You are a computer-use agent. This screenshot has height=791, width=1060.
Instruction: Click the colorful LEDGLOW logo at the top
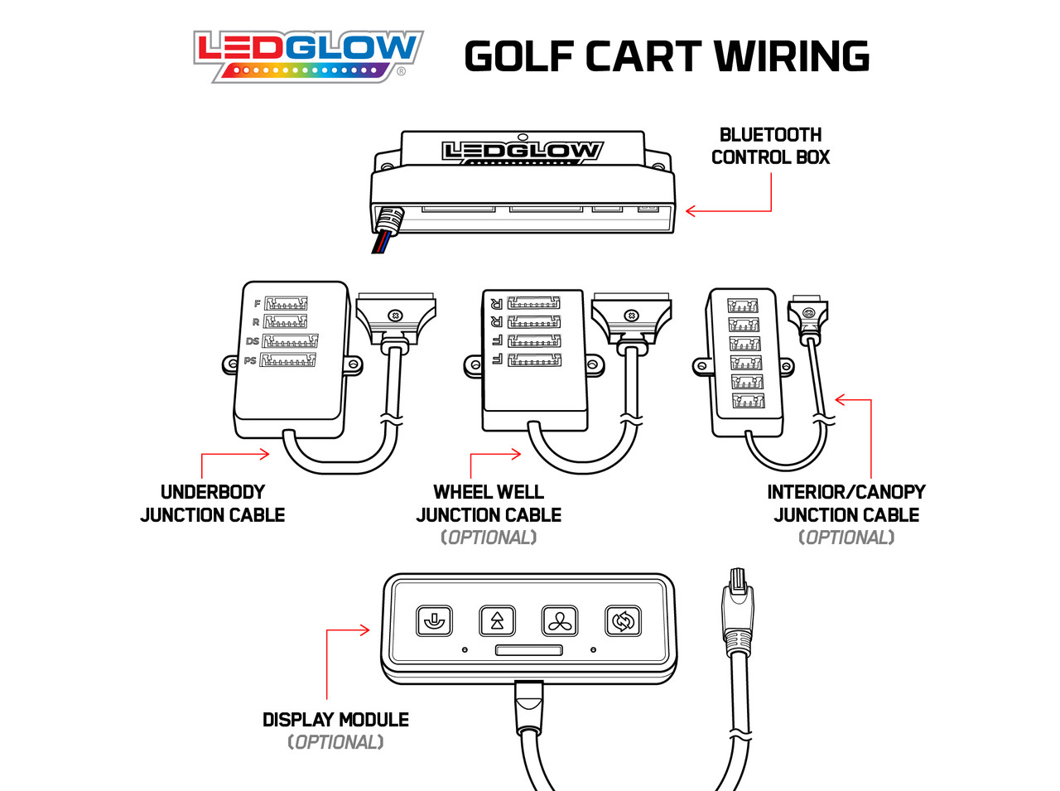pyautogui.click(x=308, y=56)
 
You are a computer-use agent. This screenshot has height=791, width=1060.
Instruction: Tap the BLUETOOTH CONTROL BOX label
pyautogui.click(x=770, y=146)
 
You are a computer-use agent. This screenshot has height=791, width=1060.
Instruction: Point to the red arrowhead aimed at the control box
pyautogui.click(x=691, y=210)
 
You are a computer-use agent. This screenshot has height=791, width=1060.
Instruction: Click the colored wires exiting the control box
pyautogui.click(x=382, y=242)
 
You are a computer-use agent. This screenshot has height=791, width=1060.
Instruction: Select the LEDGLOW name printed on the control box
pyautogui.click(x=522, y=151)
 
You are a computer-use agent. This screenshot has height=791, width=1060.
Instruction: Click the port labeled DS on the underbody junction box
pyautogui.click(x=290, y=341)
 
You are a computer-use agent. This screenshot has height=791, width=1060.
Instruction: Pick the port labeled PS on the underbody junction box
pyautogui.click(x=288, y=359)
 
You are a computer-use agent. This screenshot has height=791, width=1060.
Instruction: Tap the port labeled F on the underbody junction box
pyautogui.click(x=286, y=303)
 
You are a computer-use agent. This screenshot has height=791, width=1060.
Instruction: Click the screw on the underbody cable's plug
pyautogui.click(x=395, y=316)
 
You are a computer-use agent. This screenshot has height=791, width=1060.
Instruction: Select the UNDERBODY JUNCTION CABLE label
pyautogui.click(x=213, y=504)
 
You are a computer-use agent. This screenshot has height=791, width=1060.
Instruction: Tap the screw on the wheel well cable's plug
pyautogui.click(x=631, y=316)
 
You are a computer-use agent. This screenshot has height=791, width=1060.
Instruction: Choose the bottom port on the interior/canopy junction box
pyautogui.click(x=749, y=400)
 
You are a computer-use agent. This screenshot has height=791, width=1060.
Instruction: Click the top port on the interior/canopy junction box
pyautogui.click(x=743, y=306)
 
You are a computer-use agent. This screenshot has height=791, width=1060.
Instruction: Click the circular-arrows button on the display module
pyautogui.click(x=623, y=621)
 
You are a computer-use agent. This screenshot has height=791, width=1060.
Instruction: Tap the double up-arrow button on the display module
pyautogui.click(x=497, y=621)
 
